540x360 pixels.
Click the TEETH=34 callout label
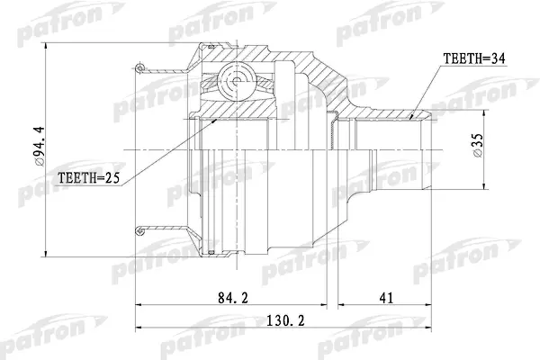(474, 58)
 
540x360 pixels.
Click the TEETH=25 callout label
(88, 178)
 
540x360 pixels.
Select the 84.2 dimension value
(233, 298)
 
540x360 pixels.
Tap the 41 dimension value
(386, 298)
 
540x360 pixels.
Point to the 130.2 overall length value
(286, 321)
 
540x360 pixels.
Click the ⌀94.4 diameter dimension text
(40, 147)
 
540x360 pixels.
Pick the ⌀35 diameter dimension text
(478, 145)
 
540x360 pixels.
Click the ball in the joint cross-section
(237, 82)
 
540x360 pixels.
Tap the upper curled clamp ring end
(139, 67)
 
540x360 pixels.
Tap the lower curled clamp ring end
(139, 230)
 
